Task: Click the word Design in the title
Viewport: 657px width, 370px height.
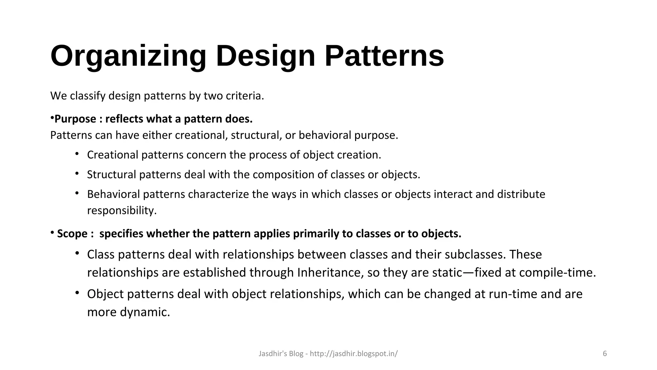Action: click(266, 56)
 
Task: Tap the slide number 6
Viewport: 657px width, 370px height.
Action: click(605, 354)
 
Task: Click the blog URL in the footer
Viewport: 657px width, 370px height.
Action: click(354, 354)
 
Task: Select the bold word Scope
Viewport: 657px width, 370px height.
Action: click(72, 233)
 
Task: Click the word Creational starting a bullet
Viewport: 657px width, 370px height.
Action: click(113, 155)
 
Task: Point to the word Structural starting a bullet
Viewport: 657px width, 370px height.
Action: click(111, 174)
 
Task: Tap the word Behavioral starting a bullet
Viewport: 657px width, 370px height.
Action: click(113, 194)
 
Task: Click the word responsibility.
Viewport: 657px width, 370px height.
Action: click(122, 211)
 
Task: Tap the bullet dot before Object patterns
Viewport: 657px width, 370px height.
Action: click(77, 293)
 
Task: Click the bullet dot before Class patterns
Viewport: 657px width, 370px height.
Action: click(77, 253)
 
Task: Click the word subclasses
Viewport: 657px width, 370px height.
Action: click(475, 254)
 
